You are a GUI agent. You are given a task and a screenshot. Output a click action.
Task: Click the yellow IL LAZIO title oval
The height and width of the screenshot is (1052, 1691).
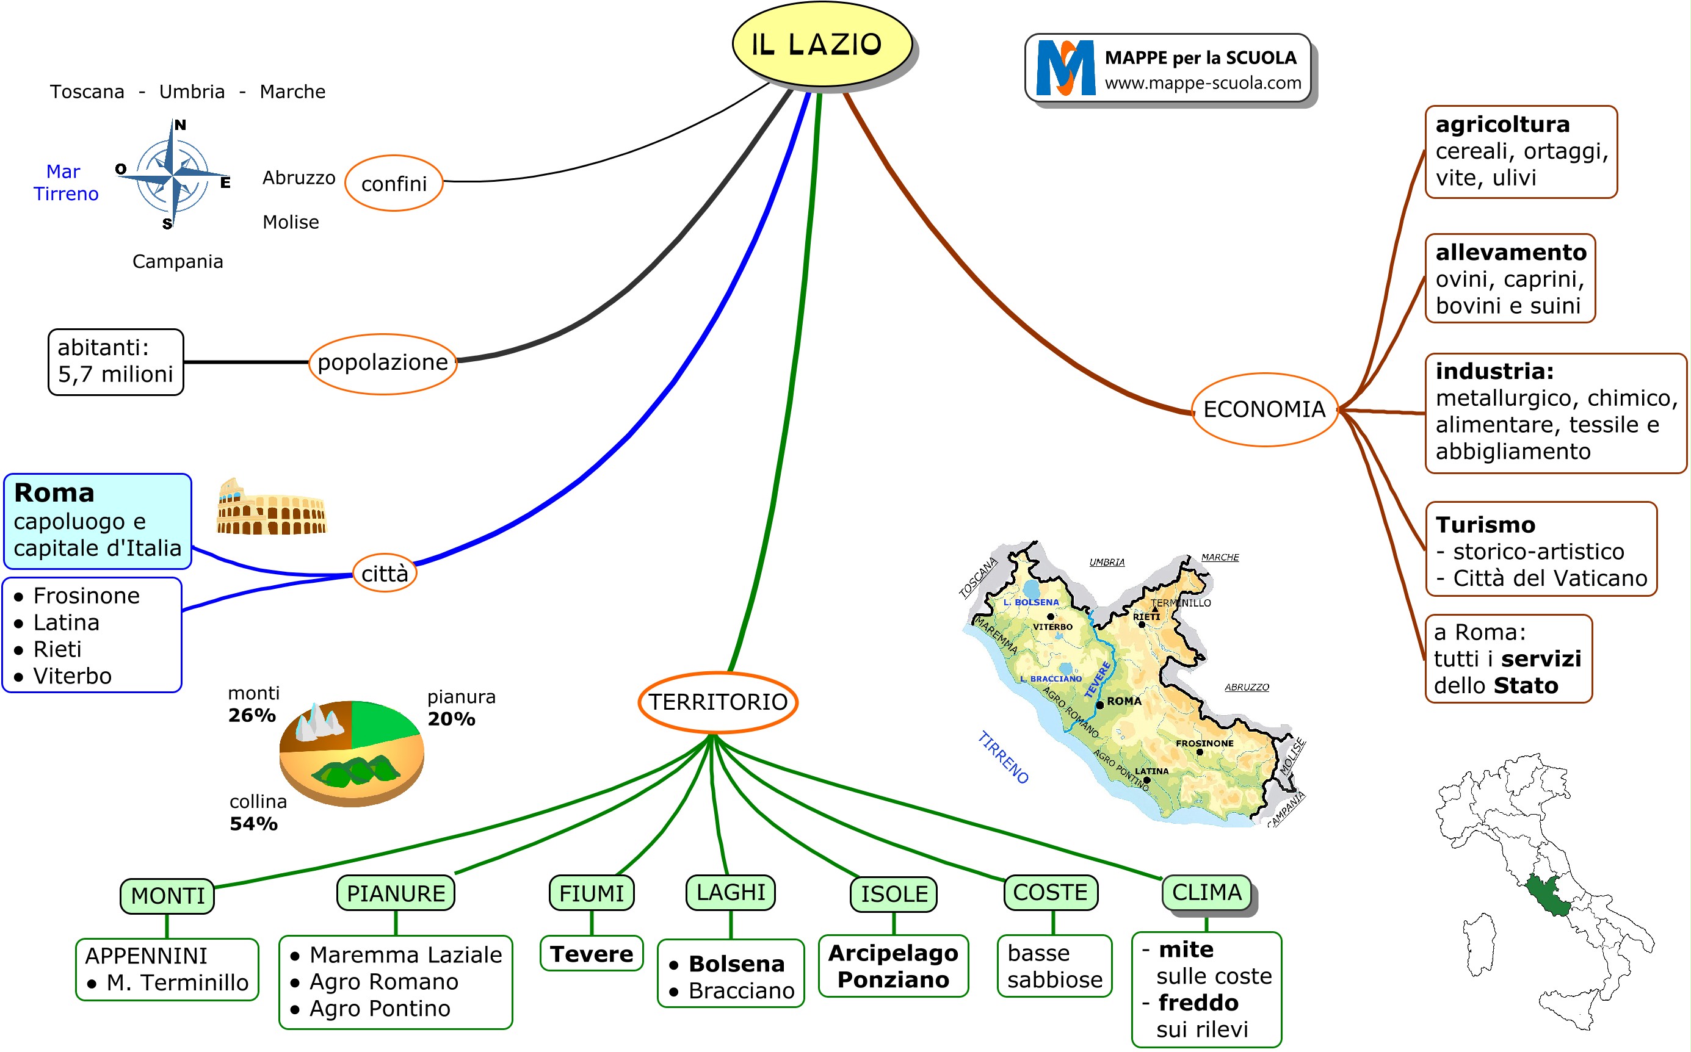[x=821, y=44]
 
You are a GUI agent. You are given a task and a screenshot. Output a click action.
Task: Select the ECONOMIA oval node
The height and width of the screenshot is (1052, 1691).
[x=1264, y=409]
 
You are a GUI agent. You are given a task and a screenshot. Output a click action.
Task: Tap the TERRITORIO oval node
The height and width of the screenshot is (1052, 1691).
[x=717, y=701]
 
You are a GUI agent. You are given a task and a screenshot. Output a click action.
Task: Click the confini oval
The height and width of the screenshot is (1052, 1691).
[x=394, y=184]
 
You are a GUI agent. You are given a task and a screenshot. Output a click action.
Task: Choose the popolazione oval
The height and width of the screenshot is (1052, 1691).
[x=383, y=362]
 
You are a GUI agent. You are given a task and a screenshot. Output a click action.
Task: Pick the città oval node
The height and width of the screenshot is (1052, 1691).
[x=384, y=574]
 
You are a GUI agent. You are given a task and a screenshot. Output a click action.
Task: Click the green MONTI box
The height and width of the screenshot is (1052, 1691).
[x=168, y=895]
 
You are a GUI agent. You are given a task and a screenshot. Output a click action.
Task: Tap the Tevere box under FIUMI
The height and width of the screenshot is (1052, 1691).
[x=592, y=953]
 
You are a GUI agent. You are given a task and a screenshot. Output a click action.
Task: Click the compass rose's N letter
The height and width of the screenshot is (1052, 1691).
[x=179, y=125]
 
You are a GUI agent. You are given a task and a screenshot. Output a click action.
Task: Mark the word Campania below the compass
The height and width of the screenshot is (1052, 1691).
[x=178, y=262]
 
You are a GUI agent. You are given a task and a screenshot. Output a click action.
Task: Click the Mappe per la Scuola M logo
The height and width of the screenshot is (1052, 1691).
[x=1065, y=68]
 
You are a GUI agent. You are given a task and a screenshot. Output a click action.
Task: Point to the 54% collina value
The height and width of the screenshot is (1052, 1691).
[x=253, y=824]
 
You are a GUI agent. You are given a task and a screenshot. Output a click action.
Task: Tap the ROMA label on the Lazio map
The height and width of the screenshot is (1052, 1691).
[x=1123, y=701]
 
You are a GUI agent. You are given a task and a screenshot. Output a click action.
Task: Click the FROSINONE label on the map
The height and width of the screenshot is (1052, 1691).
[x=1204, y=743]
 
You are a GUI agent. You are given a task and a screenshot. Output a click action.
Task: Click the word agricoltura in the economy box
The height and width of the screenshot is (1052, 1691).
[x=1502, y=124]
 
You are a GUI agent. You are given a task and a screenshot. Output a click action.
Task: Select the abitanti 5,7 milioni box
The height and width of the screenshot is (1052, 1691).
[x=115, y=362]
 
